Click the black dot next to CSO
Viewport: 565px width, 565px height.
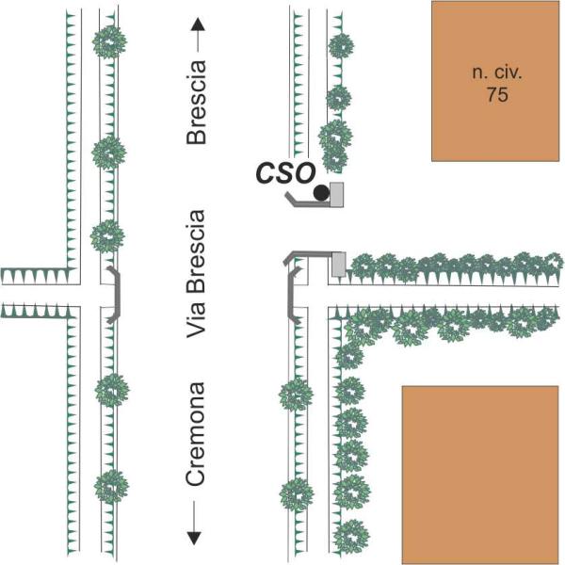pos(321,193)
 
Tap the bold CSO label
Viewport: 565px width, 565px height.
pos(285,173)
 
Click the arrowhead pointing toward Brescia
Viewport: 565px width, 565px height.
pos(198,24)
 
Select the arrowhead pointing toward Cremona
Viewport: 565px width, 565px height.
pos(194,538)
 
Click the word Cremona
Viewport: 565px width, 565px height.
pos(196,434)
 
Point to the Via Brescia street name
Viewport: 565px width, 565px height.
pos(196,274)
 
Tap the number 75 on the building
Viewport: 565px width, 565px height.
pos(497,95)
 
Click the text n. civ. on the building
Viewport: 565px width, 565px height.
pos(497,73)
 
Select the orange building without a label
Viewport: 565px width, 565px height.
pos(480,475)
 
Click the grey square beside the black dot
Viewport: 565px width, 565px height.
pos(336,195)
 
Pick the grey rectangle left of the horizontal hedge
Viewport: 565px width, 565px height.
pos(339,265)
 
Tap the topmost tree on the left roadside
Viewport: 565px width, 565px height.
pos(109,42)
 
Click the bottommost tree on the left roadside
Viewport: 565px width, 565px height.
pos(111,487)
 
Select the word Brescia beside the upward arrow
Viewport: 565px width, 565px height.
pos(197,102)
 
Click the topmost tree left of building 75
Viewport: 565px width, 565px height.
pos(341,46)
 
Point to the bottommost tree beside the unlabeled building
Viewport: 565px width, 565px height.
pos(351,537)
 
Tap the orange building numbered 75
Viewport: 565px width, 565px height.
pos(495,81)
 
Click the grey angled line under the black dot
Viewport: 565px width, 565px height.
pos(308,202)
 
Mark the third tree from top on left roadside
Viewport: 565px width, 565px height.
pos(107,236)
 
